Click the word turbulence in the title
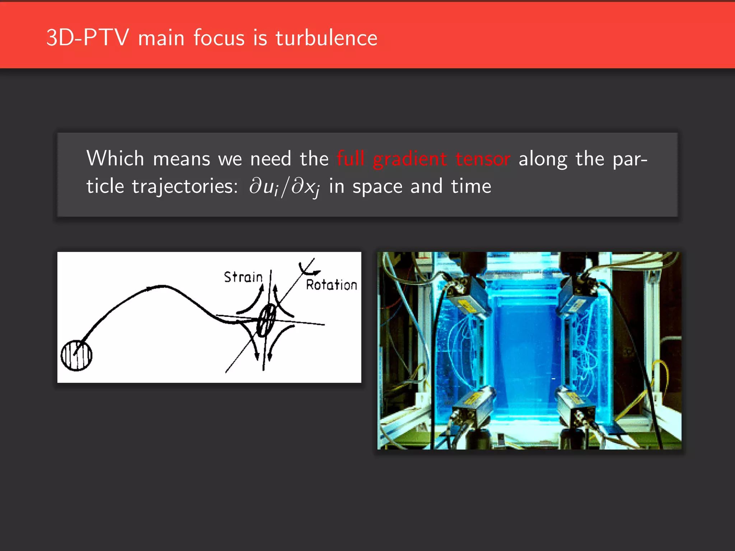(x=326, y=38)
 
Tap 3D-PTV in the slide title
(x=87, y=38)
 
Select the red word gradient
(x=410, y=159)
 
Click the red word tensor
(x=483, y=159)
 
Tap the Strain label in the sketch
(x=243, y=277)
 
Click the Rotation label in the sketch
(x=331, y=285)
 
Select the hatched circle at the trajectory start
(x=76, y=355)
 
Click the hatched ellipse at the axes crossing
(x=266, y=320)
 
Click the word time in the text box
(x=471, y=187)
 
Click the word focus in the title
(x=219, y=38)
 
